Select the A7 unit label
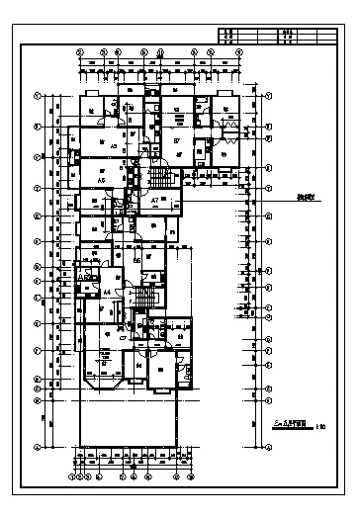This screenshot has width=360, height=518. coord(155,201)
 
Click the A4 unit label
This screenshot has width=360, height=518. coord(106,294)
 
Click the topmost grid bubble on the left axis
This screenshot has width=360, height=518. coord(37,95)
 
